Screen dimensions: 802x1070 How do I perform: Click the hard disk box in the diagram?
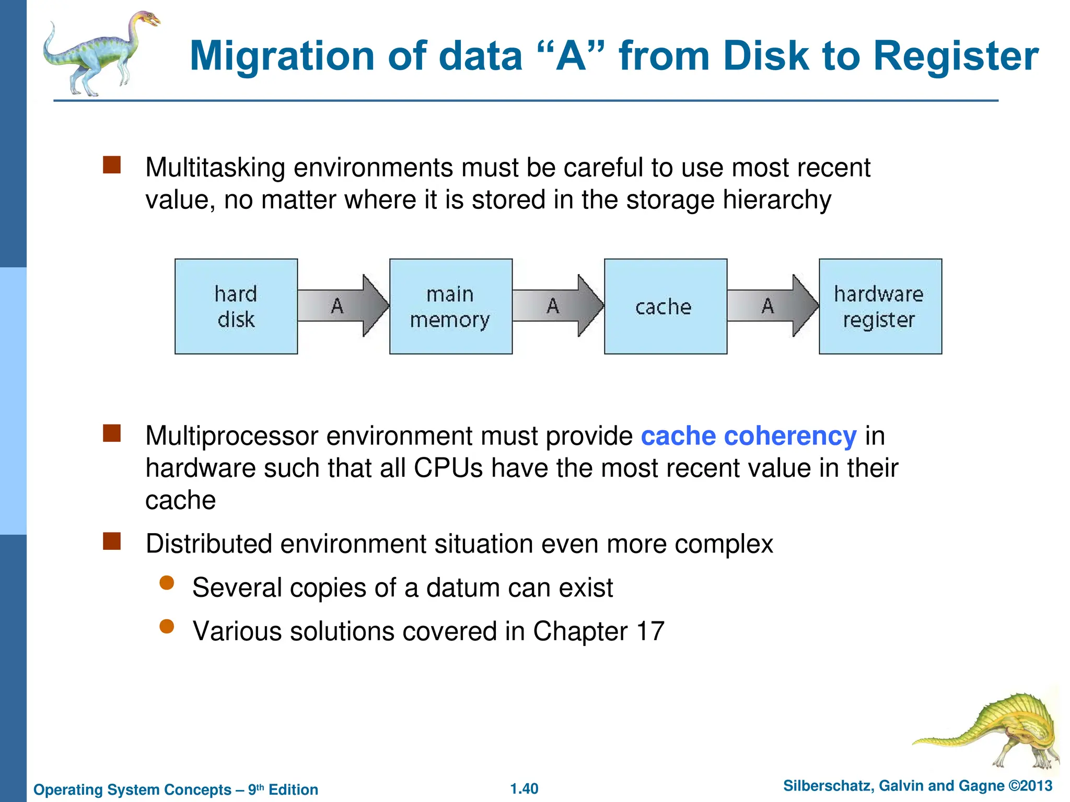tap(236, 306)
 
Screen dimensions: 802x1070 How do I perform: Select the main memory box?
tap(450, 306)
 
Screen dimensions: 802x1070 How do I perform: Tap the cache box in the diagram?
tap(665, 306)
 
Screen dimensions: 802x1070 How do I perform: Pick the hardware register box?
tap(880, 306)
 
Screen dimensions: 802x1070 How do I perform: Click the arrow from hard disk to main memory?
tap(342, 306)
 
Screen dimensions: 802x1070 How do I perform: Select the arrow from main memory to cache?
tap(557, 306)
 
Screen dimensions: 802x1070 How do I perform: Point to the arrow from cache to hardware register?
tap(772, 306)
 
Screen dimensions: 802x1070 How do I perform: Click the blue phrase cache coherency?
tap(748, 436)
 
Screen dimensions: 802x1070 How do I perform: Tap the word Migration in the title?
tap(282, 56)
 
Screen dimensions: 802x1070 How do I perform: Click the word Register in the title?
tap(956, 56)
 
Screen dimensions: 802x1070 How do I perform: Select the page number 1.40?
tap(524, 788)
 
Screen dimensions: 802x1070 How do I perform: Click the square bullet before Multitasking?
tap(112, 165)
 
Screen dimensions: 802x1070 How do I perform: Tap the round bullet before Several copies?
tap(167, 583)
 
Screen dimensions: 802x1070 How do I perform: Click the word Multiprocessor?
tap(231, 436)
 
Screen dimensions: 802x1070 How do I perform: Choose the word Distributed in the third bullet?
tap(209, 544)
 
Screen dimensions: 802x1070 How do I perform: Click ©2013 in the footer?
tap(1030, 786)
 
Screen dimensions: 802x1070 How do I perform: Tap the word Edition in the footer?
tap(293, 789)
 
